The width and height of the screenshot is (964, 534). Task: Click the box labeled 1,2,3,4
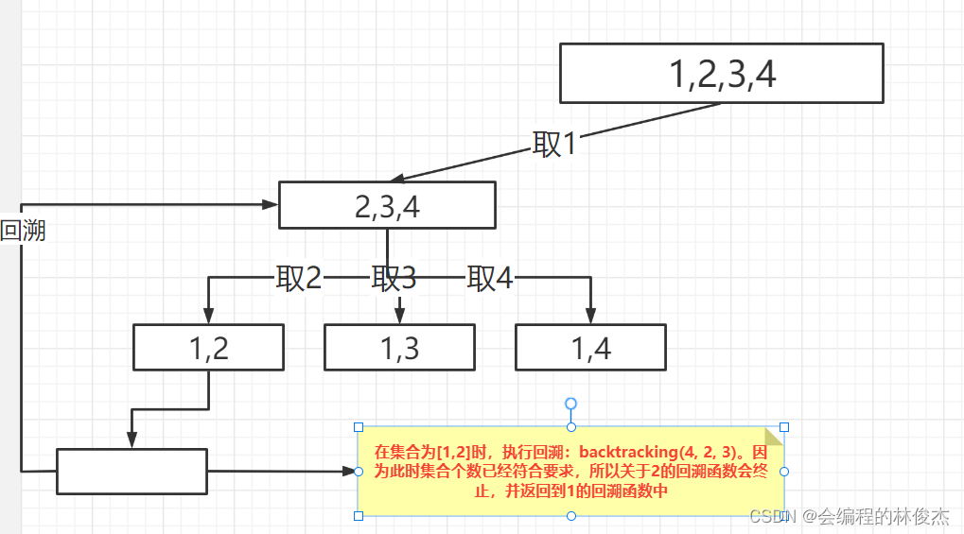click(721, 74)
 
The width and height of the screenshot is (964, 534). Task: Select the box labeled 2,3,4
click(387, 205)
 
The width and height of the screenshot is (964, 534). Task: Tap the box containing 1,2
click(208, 348)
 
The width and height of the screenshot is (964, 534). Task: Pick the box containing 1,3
click(399, 348)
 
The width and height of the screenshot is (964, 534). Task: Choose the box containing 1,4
click(590, 348)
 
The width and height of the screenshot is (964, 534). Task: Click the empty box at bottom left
click(131, 471)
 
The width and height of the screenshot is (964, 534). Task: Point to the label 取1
click(554, 144)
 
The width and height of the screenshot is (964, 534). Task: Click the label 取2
click(299, 278)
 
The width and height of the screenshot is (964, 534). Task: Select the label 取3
click(394, 278)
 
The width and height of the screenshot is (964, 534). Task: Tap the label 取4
click(490, 278)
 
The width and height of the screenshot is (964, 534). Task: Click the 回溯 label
click(23, 231)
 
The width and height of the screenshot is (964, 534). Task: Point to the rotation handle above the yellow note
click(570, 405)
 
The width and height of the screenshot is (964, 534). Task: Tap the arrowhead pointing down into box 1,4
click(591, 316)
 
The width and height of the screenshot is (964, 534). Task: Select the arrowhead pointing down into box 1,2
click(207, 316)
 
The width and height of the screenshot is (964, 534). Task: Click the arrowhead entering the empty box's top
click(131, 440)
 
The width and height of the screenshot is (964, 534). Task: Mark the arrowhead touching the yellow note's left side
click(349, 471)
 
